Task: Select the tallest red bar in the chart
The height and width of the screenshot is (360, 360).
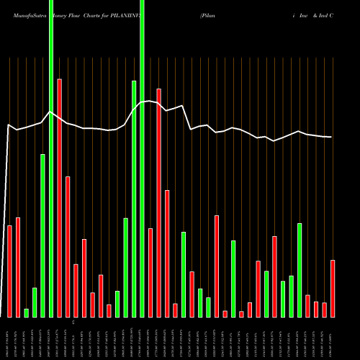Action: pos(59,198)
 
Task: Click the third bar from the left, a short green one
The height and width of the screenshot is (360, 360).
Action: pos(26,312)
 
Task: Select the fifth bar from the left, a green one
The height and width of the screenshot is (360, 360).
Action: pos(42,235)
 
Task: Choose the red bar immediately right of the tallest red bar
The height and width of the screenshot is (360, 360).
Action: pos(68,246)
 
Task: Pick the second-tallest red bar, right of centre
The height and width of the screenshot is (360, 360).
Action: pos(159,202)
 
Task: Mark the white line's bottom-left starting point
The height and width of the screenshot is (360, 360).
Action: pos(2,316)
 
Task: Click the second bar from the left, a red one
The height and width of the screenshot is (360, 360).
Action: pos(18,267)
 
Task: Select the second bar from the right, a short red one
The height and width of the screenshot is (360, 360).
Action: pos(324,310)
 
